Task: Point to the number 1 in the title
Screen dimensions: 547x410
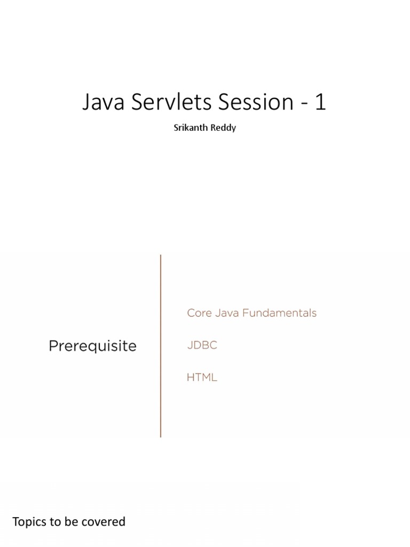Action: (320, 102)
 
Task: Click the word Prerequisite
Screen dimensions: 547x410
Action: (92, 346)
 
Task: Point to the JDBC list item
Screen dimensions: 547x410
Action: (202, 345)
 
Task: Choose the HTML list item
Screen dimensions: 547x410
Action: (202, 377)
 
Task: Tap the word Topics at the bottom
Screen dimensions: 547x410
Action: (29, 522)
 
